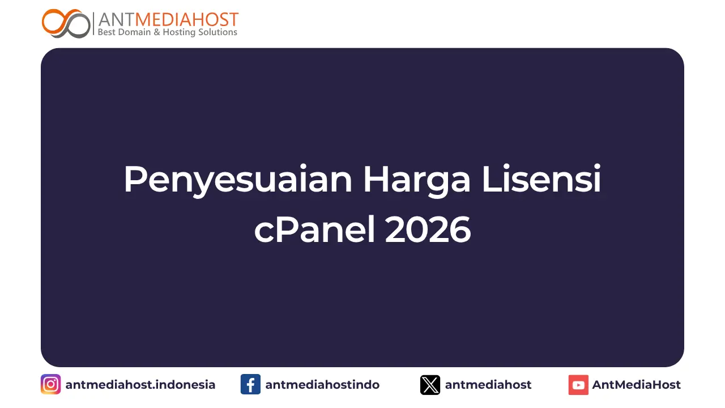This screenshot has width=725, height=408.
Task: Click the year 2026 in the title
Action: (x=428, y=231)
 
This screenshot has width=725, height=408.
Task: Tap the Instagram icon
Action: (x=50, y=385)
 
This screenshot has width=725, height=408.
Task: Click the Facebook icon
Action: (x=250, y=385)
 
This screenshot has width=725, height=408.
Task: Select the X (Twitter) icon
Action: (x=430, y=385)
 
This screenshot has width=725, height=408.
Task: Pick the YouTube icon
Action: (x=578, y=385)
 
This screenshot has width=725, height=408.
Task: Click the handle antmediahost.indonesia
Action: (x=140, y=385)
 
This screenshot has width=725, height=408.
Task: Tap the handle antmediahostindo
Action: (x=322, y=385)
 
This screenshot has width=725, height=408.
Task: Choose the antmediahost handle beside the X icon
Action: (x=488, y=385)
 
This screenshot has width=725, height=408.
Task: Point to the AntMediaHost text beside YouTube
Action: (x=637, y=385)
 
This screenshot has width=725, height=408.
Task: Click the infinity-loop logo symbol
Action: (x=66, y=23)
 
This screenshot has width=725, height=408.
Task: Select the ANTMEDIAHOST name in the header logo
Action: (x=168, y=19)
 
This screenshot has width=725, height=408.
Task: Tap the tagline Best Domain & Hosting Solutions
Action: (x=168, y=32)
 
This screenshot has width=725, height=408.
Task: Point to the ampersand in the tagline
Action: (x=157, y=32)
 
